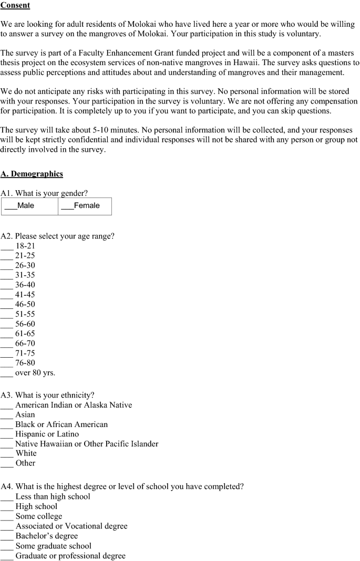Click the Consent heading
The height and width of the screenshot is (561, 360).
tap(15, 5)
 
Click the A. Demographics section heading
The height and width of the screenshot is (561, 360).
tap(32, 174)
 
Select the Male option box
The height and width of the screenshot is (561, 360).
tap(29, 206)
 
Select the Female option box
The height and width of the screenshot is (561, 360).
tap(85, 206)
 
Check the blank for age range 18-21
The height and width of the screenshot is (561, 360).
tap(7, 246)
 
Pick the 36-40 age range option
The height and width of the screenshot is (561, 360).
tap(7, 285)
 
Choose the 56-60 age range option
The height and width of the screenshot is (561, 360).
tap(7, 324)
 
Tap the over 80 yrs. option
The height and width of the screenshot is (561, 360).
tap(7, 373)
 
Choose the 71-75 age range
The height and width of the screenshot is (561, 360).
tap(7, 354)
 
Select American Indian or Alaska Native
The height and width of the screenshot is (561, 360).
tap(7, 405)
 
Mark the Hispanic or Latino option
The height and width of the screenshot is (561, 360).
tap(7, 434)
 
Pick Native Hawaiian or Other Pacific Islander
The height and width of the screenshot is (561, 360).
tap(7, 444)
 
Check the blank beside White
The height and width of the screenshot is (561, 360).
tap(7, 453)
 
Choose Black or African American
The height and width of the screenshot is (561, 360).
tap(7, 424)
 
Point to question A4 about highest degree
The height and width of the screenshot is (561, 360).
tap(122, 486)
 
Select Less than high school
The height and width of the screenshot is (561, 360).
tap(7, 496)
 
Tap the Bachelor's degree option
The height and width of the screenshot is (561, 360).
tap(7, 536)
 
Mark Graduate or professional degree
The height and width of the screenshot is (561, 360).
tap(7, 556)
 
